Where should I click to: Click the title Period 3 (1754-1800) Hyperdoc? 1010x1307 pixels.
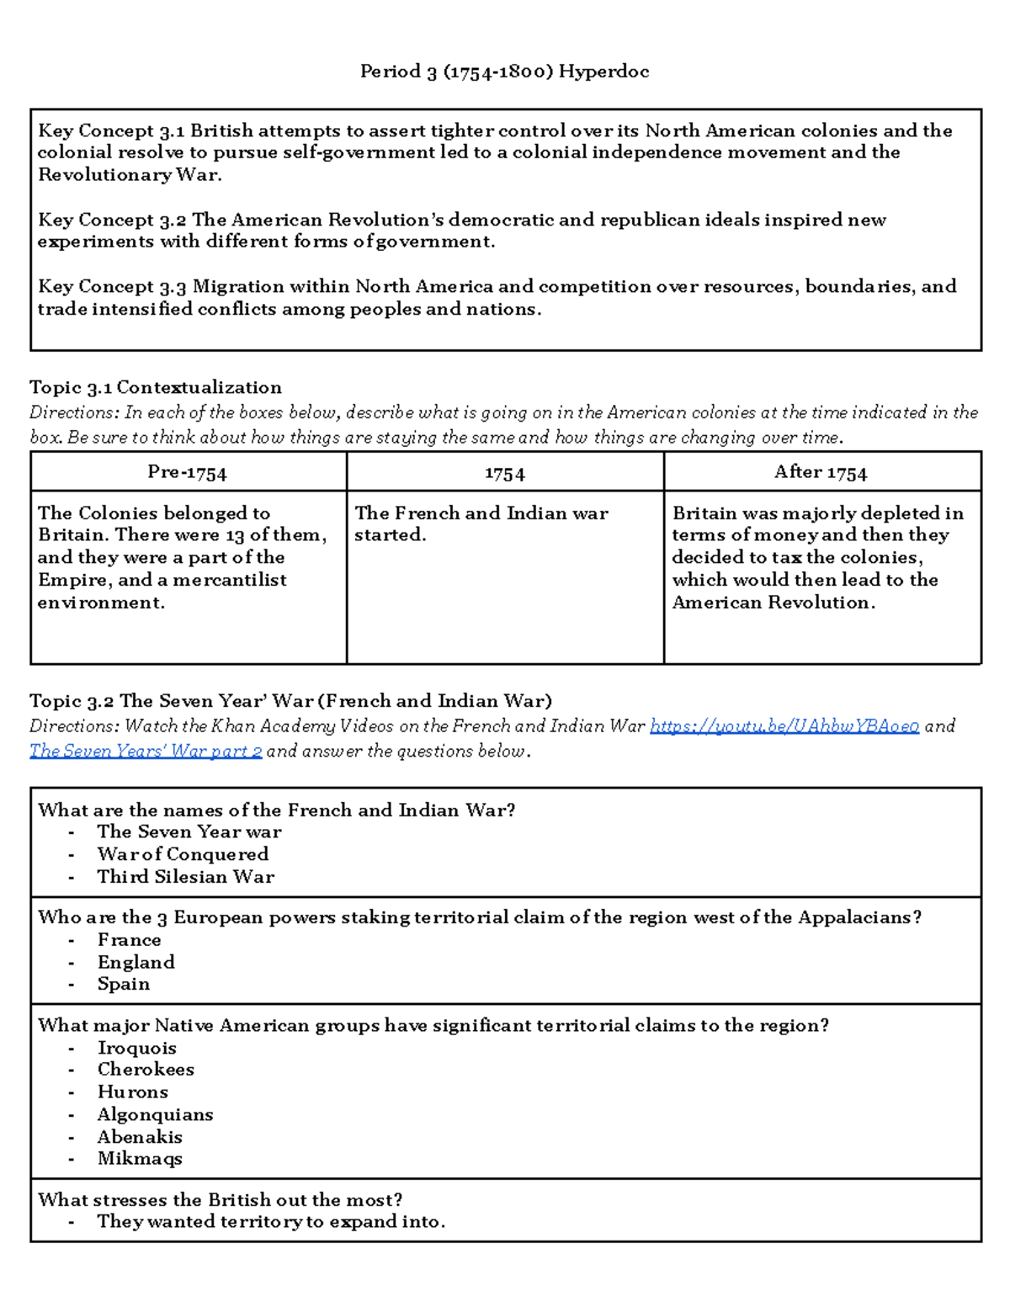pos(504,72)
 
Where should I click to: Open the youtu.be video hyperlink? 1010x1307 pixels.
pos(784,726)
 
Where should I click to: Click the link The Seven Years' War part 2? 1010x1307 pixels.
pos(146,751)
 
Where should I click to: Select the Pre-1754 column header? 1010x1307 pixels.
pos(187,472)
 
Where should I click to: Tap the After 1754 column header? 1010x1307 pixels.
pos(821,472)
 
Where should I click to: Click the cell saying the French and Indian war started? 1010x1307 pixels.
pos(481,523)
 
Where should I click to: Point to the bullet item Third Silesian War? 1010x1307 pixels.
pos(185,877)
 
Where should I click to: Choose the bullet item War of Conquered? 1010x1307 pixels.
pos(183,854)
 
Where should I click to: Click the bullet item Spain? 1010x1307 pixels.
pos(124,984)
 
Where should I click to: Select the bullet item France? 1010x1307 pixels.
pos(129,940)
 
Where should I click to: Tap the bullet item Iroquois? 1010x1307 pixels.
pos(137,1048)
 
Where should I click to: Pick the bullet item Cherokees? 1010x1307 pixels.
pos(146,1070)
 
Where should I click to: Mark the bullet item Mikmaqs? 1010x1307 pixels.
pos(140,1159)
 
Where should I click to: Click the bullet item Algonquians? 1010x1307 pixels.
pos(155,1114)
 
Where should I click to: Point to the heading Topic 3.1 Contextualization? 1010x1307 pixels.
pos(156,387)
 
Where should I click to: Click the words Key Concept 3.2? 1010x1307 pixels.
pos(112,220)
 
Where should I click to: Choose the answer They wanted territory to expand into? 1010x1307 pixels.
pos(270,1222)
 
